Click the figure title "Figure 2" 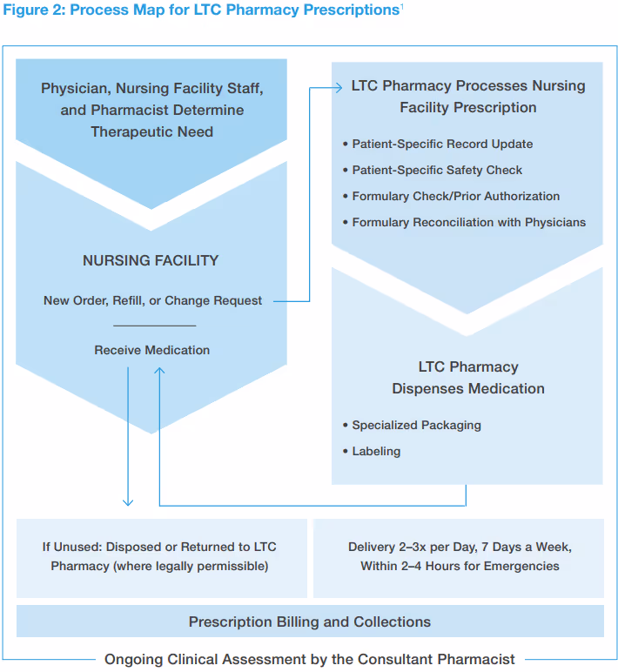[x=35, y=10]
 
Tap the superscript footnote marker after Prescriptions [x=401, y=7]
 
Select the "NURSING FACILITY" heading [x=151, y=260]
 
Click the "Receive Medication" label [x=151, y=350]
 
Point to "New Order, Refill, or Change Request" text [x=152, y=300]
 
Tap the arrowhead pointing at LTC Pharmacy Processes [x=339, y=86]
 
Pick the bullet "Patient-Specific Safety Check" [x=437, y=170]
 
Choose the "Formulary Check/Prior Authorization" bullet [x=455, y=196]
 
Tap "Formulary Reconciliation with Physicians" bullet [x=468, y=222]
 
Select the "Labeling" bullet [x=376, y=451]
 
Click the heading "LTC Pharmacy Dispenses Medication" [x=467, y=378]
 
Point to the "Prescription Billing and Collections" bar [x=310, y=622]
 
